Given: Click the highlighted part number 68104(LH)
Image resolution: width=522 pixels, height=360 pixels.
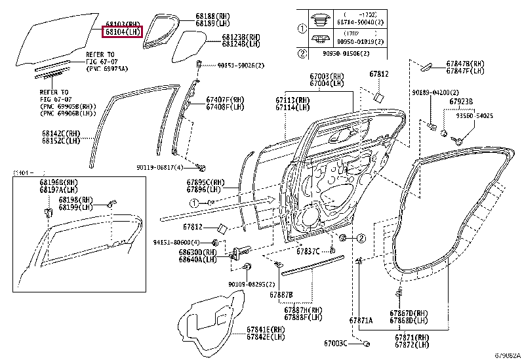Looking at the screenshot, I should click(x=122, y=31).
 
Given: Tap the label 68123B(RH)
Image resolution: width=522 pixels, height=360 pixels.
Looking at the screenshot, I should click(x=241, y=37).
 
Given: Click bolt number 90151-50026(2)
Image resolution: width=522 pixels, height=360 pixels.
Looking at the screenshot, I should click(x=239, y=65).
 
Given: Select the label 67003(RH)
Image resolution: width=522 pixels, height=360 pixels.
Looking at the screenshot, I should click(x=329, y=77).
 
